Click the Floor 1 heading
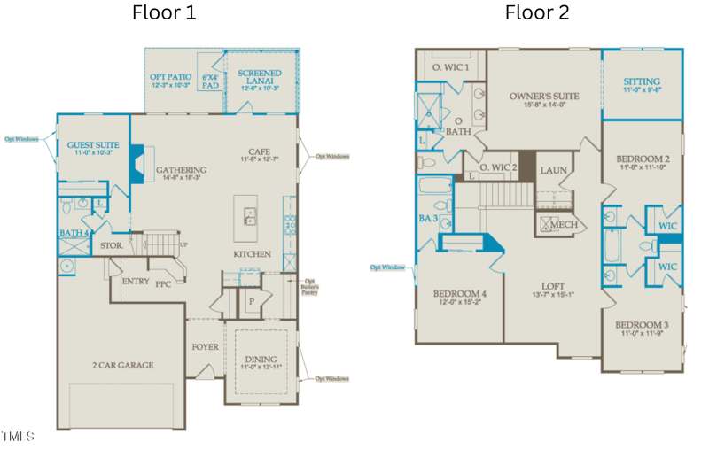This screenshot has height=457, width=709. [x=164, y=12]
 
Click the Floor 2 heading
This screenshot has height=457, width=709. [x=537, y=12]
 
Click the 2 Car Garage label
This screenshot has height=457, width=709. [x=123, y=365]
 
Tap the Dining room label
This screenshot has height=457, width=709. [x=261, y=360]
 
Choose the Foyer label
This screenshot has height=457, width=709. [x=205, y=347]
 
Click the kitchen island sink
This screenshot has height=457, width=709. [x=251, y=213]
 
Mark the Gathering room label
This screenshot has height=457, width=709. [x=181, y=171]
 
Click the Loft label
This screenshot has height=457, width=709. [x=554, y=287]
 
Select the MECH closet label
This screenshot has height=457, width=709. [x=564, y=225]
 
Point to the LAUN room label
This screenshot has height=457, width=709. [x=554, y=171]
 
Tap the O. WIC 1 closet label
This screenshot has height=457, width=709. [x=450, y=67]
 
